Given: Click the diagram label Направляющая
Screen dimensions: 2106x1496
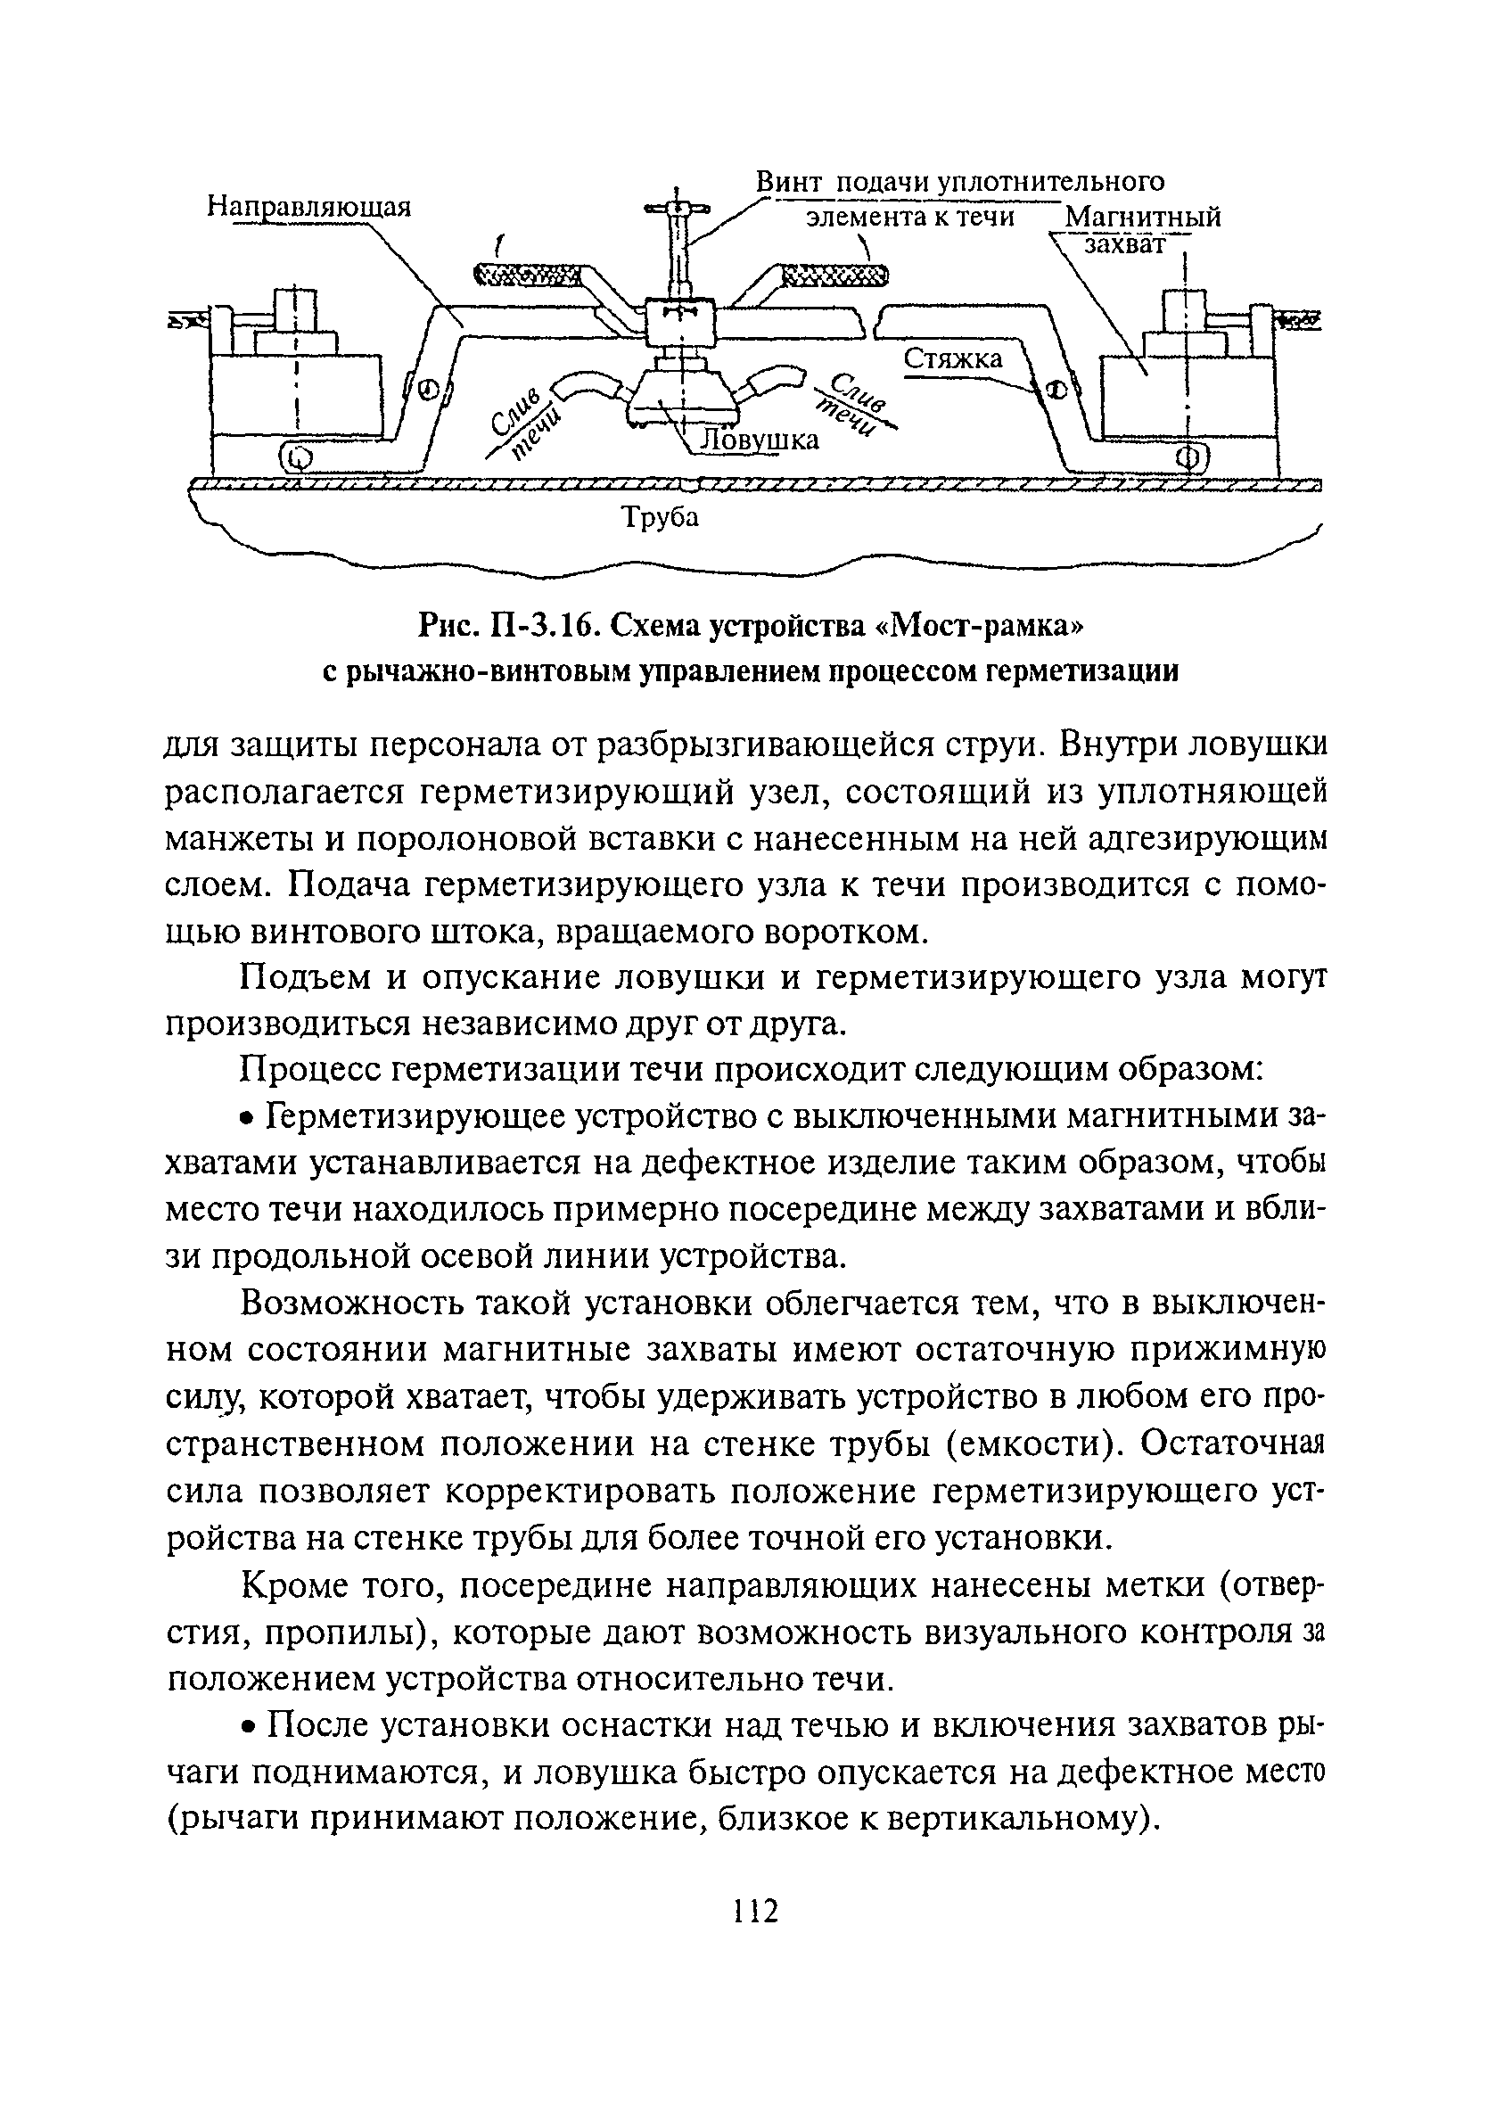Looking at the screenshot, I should pyautogui.click(x=308, y=206).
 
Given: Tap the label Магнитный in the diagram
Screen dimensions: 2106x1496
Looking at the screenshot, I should pyautogui.click(x=1142, y=218).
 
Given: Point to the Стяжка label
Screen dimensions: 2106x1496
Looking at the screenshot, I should pyautogui.click(x=952, y=359).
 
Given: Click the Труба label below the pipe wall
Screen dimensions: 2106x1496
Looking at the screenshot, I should pyautogui.click(x=660, y=518).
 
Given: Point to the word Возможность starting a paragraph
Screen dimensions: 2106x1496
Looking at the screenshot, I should pyautogui.click(x=355, y=1303).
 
